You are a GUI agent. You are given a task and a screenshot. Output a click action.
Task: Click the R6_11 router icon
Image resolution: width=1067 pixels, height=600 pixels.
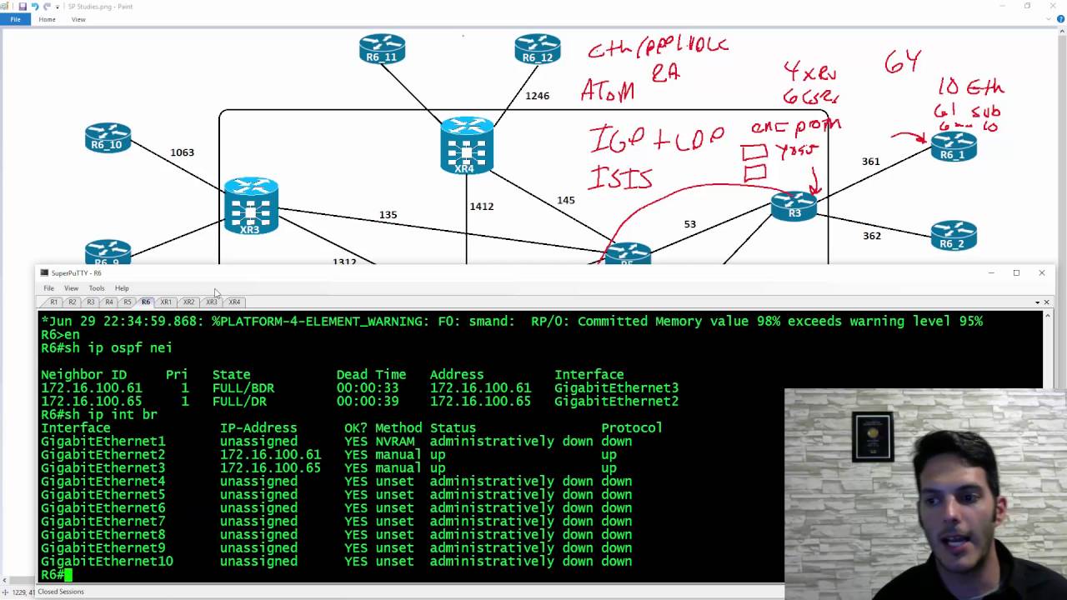382,48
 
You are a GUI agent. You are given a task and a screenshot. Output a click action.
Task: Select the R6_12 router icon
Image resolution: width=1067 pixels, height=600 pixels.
537,48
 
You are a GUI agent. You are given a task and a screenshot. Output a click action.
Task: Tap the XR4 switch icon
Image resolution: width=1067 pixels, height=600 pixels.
467,145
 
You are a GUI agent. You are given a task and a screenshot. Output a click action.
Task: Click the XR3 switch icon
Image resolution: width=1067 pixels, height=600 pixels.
251,205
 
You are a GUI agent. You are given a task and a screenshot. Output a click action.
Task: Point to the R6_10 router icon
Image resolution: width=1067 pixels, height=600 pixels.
108,137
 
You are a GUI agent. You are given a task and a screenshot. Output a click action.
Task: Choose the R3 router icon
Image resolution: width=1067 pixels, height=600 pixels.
794,206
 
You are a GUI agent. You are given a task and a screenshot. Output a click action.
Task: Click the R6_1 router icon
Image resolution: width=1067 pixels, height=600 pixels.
953,147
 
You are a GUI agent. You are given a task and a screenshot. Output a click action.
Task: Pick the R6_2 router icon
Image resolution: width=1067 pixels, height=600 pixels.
953,235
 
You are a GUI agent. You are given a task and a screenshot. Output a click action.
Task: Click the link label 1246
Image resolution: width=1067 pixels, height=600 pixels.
537,96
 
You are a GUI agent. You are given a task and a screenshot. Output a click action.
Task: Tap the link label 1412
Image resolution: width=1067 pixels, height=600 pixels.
481,206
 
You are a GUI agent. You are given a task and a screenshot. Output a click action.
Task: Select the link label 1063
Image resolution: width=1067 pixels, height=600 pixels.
182,152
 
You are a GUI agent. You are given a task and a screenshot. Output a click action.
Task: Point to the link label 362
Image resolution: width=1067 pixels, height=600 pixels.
871,236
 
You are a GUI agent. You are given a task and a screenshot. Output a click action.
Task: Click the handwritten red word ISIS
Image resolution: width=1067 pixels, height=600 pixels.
621,177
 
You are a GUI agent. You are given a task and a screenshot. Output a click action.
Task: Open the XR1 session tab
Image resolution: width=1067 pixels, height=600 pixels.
166,302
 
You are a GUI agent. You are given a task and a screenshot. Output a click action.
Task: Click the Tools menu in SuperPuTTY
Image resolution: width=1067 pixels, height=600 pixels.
97,288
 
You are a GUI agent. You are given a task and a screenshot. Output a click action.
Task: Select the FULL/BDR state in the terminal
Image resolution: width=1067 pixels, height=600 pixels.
243,388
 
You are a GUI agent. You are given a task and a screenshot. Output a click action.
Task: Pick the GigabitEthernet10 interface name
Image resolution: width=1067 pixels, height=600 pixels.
107,562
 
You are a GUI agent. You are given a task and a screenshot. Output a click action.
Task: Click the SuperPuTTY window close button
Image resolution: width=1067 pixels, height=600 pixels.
1041,272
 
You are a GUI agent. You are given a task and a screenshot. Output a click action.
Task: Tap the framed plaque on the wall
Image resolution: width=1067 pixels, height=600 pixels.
873,436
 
